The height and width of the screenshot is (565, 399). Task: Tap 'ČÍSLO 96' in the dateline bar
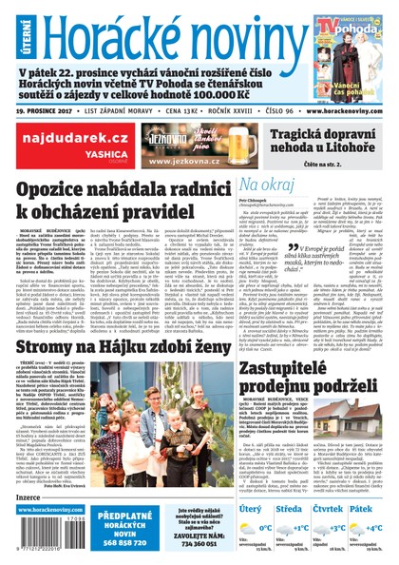[269, 109]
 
